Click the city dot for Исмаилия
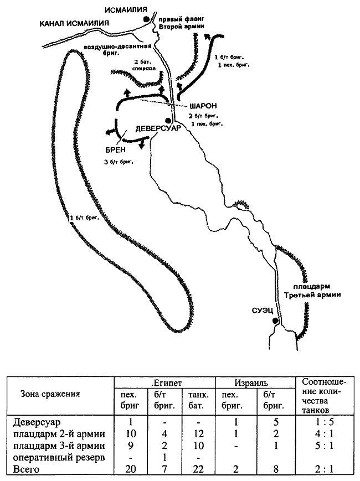coord(146,19)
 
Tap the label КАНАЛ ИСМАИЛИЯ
coord(74,23)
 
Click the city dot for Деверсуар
coord(168,120)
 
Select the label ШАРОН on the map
coord(203,106)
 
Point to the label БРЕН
coord(115,149)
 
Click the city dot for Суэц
coord(275,320)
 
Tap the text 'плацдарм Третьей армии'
coord(312,291)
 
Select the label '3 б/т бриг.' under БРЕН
coord(119,162)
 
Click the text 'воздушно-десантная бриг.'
coord(118,49)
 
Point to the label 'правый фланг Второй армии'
coord(181,23)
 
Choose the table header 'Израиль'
coord(251,383)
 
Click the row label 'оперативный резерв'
coord(59,457)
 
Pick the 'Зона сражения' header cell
coord(50,394)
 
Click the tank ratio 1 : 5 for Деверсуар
coord(324,422)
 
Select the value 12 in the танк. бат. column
coord(199,434)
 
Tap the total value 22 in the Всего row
coord(199,469)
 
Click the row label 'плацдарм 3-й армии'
coord(59,446)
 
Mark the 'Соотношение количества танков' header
coord(324,396)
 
